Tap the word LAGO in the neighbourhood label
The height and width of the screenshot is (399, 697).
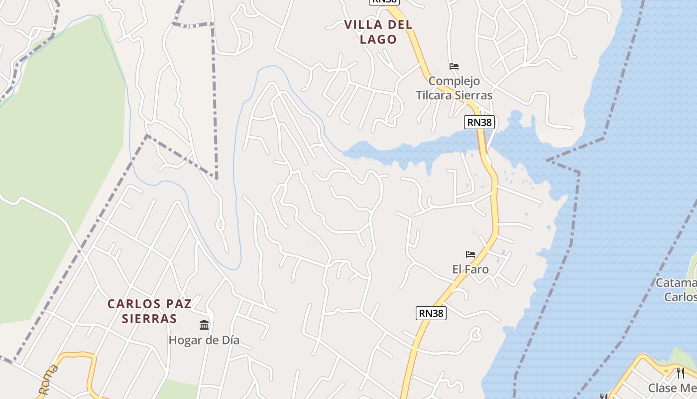[378, 39]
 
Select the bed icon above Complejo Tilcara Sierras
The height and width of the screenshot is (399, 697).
[454, 66]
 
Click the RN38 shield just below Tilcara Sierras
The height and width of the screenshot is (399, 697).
[479, 122]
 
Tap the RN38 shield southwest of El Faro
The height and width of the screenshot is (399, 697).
[431, 313]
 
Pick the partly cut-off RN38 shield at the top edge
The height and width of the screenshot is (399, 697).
[384, 2]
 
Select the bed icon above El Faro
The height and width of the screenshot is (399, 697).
[470, 254]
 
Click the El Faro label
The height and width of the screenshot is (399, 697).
[470, 269]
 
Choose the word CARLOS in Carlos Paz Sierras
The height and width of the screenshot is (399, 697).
[132, 303]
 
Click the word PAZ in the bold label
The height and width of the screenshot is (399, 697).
[178, 303]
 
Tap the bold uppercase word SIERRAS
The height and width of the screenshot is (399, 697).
[149, 318]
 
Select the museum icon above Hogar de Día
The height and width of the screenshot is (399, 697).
[204, 325]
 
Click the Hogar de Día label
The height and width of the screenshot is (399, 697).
[204, 340]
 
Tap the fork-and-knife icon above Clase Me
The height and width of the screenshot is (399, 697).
[680, 373]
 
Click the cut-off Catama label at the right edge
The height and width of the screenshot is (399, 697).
[677, 283]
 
